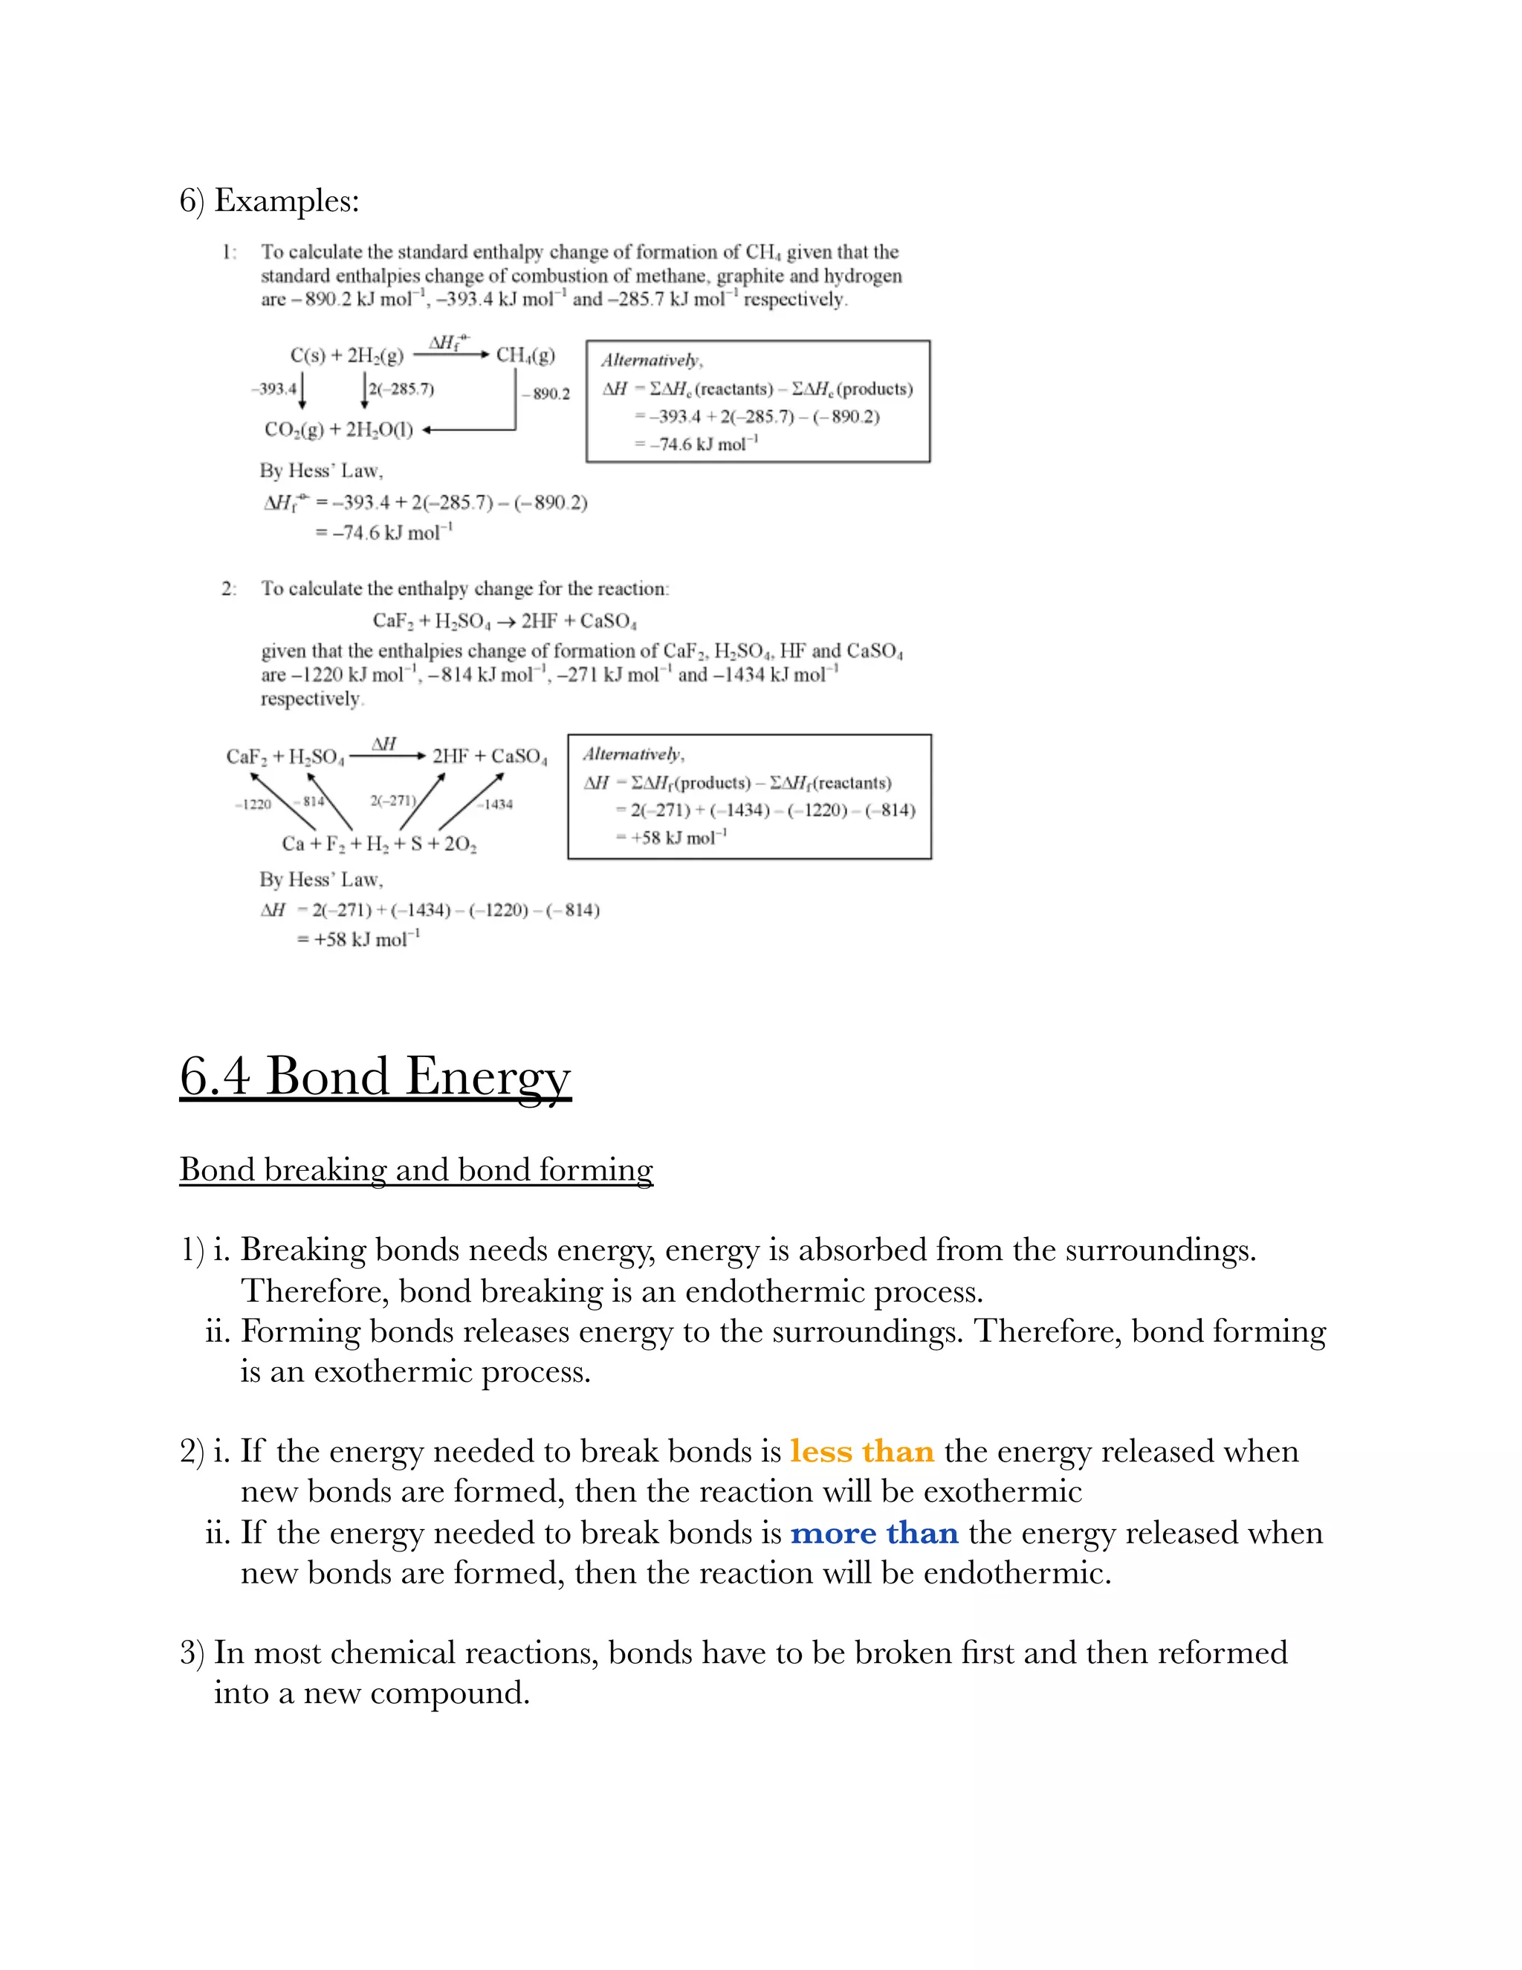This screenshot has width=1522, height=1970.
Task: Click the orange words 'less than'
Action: (862, 1451)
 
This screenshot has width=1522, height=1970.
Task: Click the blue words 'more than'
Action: (874, 1533)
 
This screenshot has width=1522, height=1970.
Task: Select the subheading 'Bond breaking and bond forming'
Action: (415, 1170)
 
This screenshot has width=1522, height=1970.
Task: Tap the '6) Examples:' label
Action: (269, 200)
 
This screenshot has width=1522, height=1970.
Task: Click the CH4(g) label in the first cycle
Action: (525, 355)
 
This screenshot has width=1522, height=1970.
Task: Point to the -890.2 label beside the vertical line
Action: (546, 394)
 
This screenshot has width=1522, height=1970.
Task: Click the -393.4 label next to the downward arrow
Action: (273, 389)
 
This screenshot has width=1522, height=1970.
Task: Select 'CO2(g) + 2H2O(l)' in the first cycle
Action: (338, 430)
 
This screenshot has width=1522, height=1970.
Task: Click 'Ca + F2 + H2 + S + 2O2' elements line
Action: (379, 844)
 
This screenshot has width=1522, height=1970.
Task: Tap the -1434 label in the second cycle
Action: (497, 804)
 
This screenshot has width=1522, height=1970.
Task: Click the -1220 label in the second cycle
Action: (253, 804)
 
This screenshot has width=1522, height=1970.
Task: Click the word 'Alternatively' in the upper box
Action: (651, 361)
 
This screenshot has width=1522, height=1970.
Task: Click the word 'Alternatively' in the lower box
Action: (633, 754)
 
